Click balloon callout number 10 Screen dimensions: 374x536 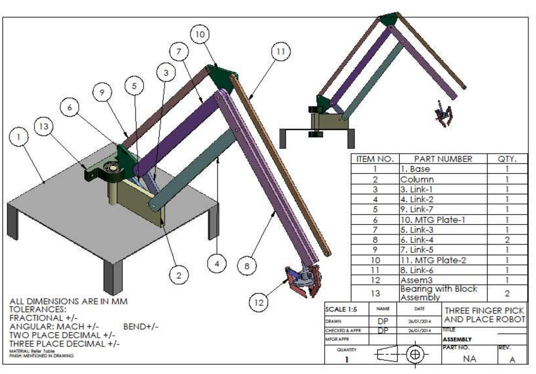pos(200,34)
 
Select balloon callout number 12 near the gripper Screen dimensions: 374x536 pos(259,302)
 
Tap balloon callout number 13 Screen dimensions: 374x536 pos(44,126)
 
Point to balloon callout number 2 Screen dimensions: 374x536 pos(179,275)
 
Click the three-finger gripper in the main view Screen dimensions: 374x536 pos(304,280)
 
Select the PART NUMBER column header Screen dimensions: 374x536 pos(443,159)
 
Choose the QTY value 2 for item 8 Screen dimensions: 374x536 pos(507,240)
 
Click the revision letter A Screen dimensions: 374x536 pos(512,359)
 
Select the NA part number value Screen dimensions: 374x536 pos(469,359)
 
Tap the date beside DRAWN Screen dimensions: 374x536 pos(419,321)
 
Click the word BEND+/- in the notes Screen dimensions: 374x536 pos(141,327)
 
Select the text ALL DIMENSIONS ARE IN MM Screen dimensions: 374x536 pos(68,301)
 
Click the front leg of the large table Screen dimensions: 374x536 pos(113,277)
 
